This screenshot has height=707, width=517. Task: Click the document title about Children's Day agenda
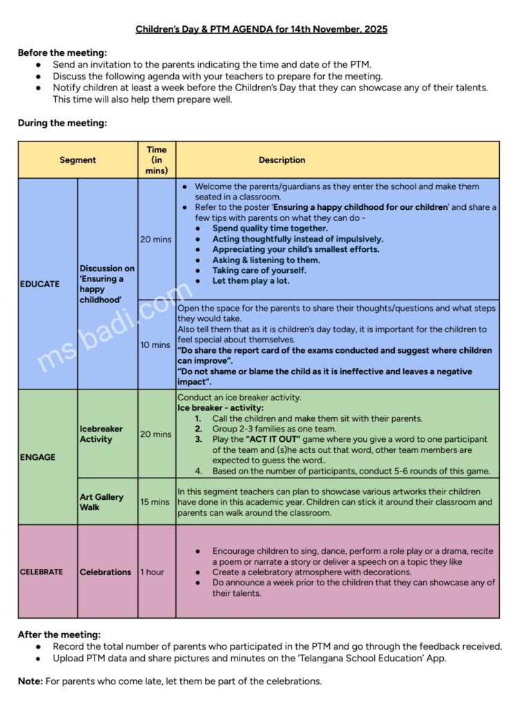point(261,29)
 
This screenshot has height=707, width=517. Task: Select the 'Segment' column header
point(77,160)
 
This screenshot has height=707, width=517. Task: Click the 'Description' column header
point(282,160)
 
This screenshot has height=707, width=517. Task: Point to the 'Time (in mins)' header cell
point(157,160)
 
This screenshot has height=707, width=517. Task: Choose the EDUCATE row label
point(40,284)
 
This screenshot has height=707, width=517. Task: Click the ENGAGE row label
point(38,457)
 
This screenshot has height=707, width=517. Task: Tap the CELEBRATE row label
point(41,572)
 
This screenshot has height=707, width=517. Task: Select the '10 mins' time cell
point(156,345)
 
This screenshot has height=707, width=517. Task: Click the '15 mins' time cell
point(156,502)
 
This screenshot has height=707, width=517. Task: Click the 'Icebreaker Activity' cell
point(101,434)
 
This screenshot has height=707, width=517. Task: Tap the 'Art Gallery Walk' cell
point(101,502)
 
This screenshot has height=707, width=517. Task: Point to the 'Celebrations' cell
point(105,572)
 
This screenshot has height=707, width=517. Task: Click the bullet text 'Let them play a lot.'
point(251,281)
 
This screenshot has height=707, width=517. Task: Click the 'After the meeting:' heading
point(59,635)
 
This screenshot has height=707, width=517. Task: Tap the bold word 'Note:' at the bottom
point(30,681)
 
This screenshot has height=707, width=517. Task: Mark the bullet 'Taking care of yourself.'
point(259,271)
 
